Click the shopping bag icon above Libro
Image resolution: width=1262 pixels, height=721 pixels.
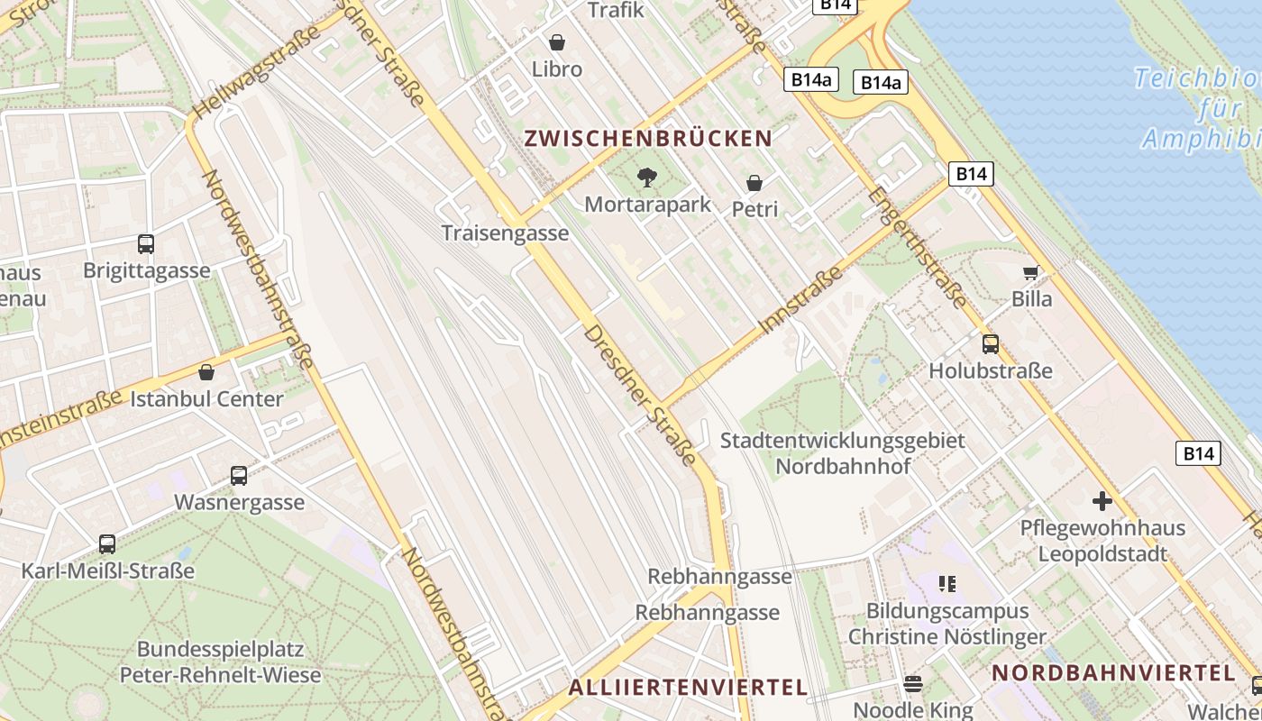tap(557, 42)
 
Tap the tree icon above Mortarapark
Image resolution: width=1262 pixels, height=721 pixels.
tap(646, 177)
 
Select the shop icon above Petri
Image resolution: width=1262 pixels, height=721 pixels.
tap(754, 183)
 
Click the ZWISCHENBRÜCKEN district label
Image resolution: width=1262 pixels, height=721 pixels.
tap(648, 139)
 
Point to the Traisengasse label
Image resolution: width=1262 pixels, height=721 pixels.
tap(505, 233)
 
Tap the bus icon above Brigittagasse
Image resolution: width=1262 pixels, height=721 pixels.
tap(146, 243)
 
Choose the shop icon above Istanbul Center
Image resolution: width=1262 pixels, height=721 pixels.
tap(206, 372)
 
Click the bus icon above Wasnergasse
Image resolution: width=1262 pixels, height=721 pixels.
tap(239, 476)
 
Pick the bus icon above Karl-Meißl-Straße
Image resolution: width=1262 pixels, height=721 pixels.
tap(107, 544)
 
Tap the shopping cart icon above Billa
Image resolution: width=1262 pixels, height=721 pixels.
tap(1031, 272)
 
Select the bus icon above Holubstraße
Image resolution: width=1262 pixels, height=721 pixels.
tap(991, 344)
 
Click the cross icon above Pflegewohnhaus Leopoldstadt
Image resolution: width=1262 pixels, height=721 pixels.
tap(1102, 501)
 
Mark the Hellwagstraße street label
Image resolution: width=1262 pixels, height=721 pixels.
tap(257, 71)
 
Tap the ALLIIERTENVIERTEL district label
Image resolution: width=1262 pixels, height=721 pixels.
tap(688, 688)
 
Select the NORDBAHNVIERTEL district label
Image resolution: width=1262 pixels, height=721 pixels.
tap(1113, 672)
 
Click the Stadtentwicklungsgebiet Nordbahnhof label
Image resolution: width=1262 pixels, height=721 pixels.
tap(843, 453)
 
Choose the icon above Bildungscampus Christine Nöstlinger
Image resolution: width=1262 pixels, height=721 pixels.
tap(946, 584)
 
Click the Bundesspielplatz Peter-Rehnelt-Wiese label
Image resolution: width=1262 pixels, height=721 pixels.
tap(220, 662)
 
